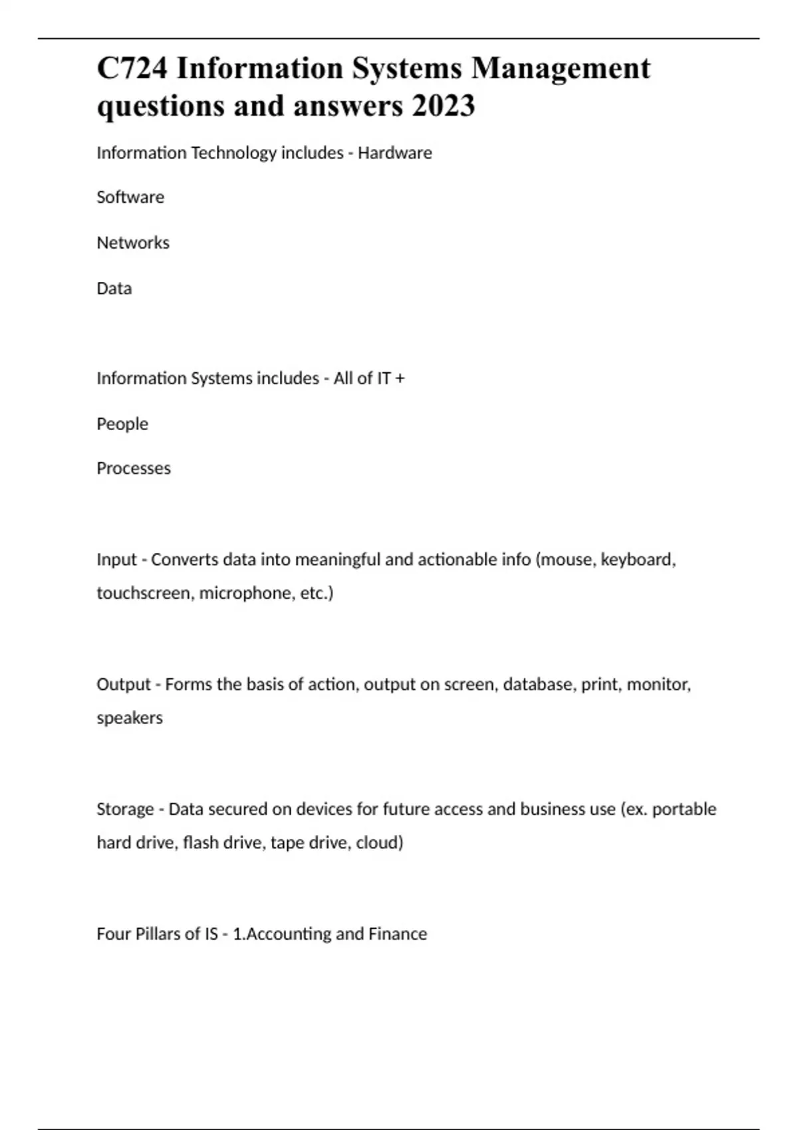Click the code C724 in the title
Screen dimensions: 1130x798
pyautogui.click(x=132, y=68)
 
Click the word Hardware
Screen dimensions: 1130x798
pyautogui.click(x=395, y=153)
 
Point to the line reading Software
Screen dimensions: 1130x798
pyautogui.click(x=130, y=197)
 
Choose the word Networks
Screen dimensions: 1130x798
pyautogui.click(x=133, y=243)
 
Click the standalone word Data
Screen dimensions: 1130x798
pyautogui.click(x=114, y=288)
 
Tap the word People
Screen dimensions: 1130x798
pyautogui.click(x=122, y=424)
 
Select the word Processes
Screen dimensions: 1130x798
pyautogui.click(x=134, y=469)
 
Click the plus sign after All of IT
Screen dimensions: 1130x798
pyautogui.click(x=400, y=379)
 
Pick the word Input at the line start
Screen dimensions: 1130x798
pyautogui.click(x=116, y=560)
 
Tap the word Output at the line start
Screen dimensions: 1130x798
pyautogui.click(x=124, y=685)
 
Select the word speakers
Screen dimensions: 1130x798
pyautogui.click(x=130, y=718)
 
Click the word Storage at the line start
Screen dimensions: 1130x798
pyautogui.click(x=125, y=809)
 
